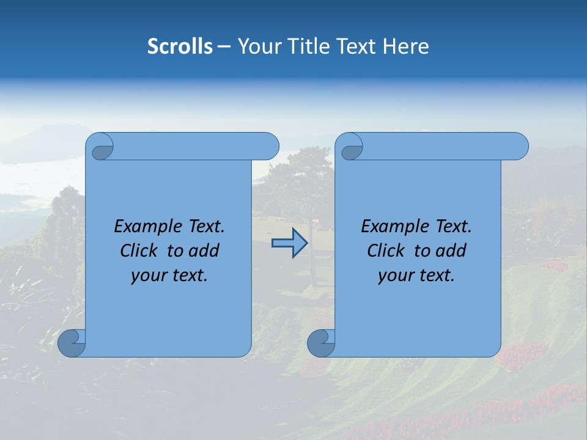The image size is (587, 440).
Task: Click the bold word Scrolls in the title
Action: [180, 46]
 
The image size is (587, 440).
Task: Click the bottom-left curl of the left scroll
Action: [72, 342]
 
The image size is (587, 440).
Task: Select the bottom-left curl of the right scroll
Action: [320, 342]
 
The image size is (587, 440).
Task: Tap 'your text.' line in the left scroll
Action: [169, 276]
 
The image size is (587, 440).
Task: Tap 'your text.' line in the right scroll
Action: [416, 276]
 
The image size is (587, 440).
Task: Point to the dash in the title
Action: [224, 46]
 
